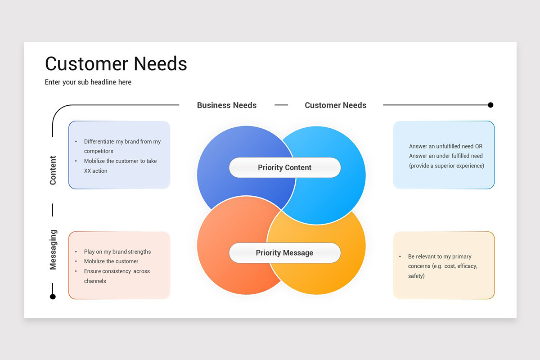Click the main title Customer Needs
116,64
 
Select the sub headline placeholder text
88,82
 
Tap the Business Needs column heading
226,105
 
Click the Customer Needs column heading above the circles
335,105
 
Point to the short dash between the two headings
281,105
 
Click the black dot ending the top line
490,105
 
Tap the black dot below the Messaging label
53,297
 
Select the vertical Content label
53,170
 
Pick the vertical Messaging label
53,250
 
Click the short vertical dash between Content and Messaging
53,210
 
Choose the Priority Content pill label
284,167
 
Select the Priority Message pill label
284,253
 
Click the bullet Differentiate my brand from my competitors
122,146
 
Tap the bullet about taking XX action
120,166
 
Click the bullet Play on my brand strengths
117,252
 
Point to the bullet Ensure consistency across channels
117,276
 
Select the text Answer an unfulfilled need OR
445,146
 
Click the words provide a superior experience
446,166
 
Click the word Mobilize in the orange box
94,261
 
